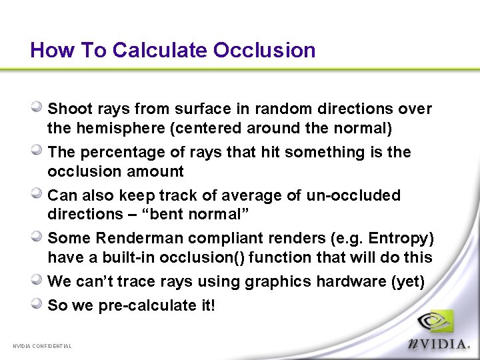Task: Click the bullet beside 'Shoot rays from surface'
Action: point(39,107)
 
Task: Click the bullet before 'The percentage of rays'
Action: point(39,150)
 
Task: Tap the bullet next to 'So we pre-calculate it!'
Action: point(39,303)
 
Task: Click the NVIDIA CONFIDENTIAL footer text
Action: point(42,346)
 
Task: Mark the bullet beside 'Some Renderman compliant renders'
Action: point(39,236)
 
